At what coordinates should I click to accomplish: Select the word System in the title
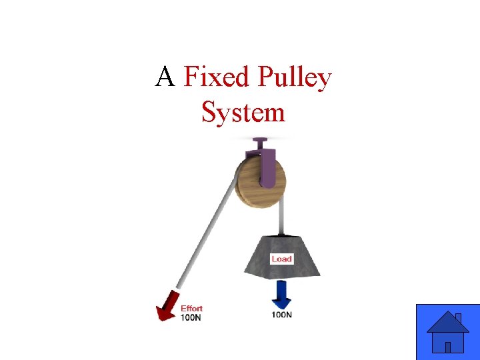(243, 112)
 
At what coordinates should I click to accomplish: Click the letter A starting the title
(165, 78)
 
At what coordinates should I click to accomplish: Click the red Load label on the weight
(281, 258)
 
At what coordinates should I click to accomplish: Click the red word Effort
(191, 309)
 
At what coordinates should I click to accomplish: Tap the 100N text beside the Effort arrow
(191, 317)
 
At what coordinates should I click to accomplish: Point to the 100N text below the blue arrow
(281, 314)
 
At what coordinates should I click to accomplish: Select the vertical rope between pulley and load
(283, 217)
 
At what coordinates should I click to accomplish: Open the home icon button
(447, 332)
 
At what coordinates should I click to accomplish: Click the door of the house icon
(448, 347)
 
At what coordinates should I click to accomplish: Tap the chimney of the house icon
(458, 318)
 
